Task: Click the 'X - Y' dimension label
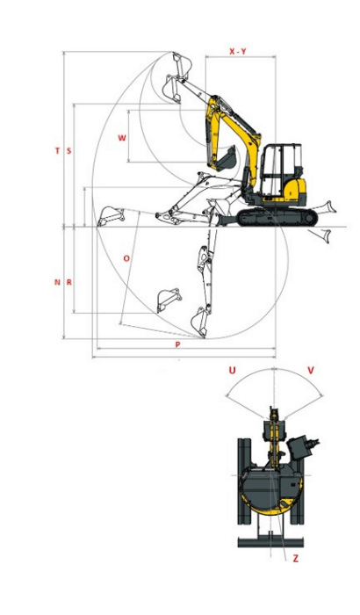pyautogui.click(x=237, y=52)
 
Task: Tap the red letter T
pyautogui.click(x=58, y=151)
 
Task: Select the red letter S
pyautogui.click(x=69, y=151)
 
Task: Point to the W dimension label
pyautogui.click(x=122, y=138)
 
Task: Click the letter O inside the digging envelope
pyautogui.click(x=126, y=258)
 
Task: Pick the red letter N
pyautogui.click(x=58, y=282)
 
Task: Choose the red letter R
pyautogui.click(x=69, y=282)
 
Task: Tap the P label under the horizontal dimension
pyautogui.click(x=177, y=345)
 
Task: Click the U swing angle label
pyautogui.click(x=232, y=371)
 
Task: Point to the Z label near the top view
pyautogui.click(x=295, y=558)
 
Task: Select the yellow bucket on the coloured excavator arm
pyautogui.click(x=224, y=160)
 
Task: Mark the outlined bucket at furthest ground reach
pyautogui.click(x=112, y=215)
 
